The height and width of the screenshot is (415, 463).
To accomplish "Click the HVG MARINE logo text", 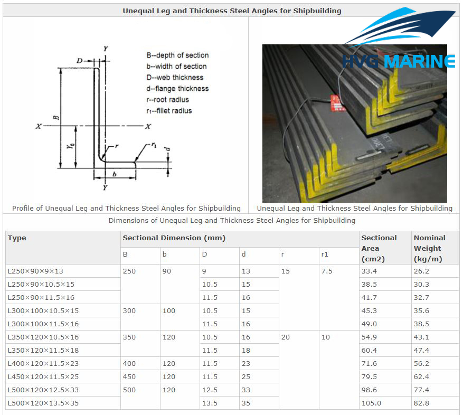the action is click(x=399, y=61).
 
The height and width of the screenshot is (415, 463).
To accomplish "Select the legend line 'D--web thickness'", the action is click(x=175, y=78).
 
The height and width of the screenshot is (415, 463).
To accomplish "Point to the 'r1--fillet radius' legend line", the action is click(x=169, y=111).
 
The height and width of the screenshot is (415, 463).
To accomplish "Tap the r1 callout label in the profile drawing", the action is click(x=154, y=145).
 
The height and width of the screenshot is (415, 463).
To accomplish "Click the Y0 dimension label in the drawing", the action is click(x=70, y=146).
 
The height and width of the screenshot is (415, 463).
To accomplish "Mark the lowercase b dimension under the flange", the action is click(x=115, y=174).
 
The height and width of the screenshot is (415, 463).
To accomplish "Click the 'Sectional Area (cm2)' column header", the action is click(x=379, y=248).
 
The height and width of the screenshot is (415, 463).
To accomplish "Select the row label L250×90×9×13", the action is click(x=35, y=271).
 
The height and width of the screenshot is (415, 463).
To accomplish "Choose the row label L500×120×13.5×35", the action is click(x=43, y=403).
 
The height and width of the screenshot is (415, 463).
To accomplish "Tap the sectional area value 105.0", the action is click(x=371, y=403).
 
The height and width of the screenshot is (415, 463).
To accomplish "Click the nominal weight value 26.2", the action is click(x=421, y=271).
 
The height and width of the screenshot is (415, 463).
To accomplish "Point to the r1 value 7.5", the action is click(x=327, y=271).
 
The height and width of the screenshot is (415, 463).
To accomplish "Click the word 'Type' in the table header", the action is click(x=17, y=238).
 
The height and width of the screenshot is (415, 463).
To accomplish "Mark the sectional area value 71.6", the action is click(x=369, y=364).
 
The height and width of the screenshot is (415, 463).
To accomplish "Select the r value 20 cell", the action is click(x=285, y=337).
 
